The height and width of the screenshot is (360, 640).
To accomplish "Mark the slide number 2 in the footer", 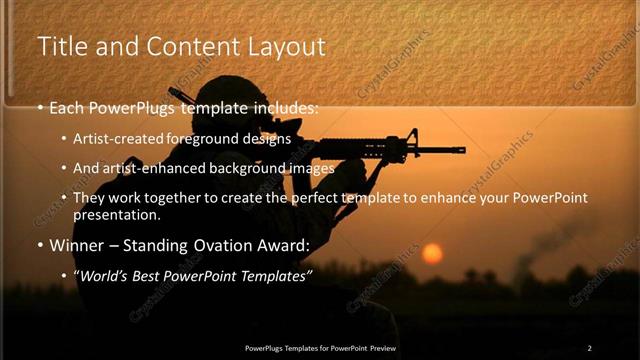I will click(x=589, y=347).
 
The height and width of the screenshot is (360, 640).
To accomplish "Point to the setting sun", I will click(x=432, y=253).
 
